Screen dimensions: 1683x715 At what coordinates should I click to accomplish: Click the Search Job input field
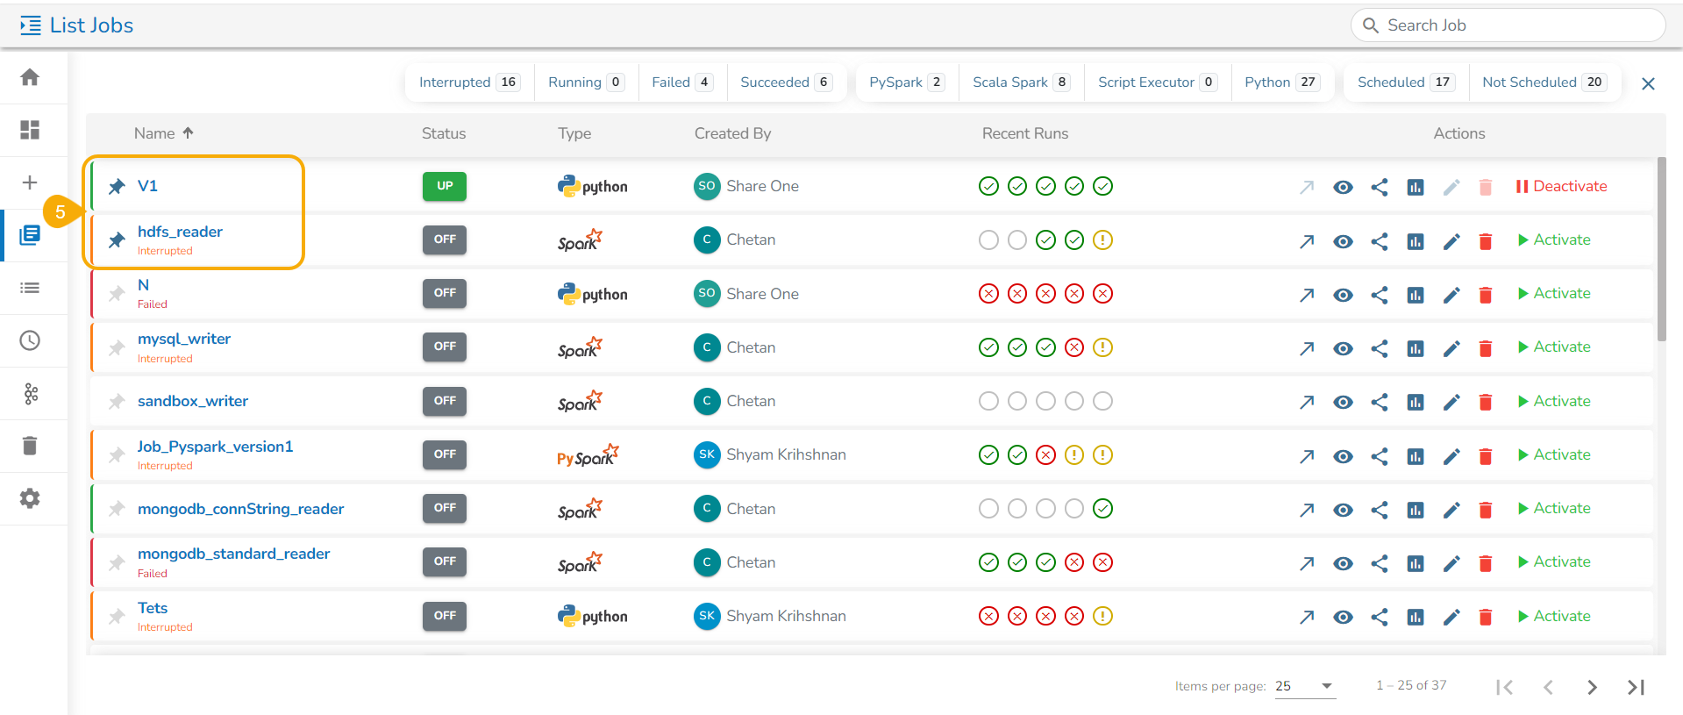(x=1508, y=25)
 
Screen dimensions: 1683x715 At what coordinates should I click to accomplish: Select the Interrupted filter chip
(x=469, y=82)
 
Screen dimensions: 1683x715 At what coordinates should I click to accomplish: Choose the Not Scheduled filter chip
(x=1544, y=82)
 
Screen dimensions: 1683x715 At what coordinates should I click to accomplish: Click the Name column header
(x=154, y=133)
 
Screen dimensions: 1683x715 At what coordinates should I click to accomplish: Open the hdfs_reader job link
(x=180, y=232)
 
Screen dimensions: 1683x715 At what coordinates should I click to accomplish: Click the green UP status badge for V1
(x=445, y=186)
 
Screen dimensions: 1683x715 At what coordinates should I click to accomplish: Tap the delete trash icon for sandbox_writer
(x=1486, y=402)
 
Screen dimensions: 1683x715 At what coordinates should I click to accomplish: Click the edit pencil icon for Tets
(x=1451, y=617)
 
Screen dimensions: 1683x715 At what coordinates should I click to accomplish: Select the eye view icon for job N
(x=1343, y=295)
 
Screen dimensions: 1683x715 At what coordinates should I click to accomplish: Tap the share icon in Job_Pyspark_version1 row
(x=1380, y=456)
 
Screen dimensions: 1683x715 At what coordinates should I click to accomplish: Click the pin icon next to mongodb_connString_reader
(x=117, y=509)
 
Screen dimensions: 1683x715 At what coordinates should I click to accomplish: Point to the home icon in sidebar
(x=30, y=77)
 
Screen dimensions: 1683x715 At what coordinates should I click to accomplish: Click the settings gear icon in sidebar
(x=30, y=498)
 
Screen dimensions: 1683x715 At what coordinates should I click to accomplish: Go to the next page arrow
(x=1592, y=687)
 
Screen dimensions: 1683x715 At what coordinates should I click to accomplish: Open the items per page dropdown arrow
(x=1327, y=686)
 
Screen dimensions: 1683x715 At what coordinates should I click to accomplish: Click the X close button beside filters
(x=1648, y=83)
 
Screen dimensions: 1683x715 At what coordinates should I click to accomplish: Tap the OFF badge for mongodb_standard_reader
(x=445, y=561)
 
